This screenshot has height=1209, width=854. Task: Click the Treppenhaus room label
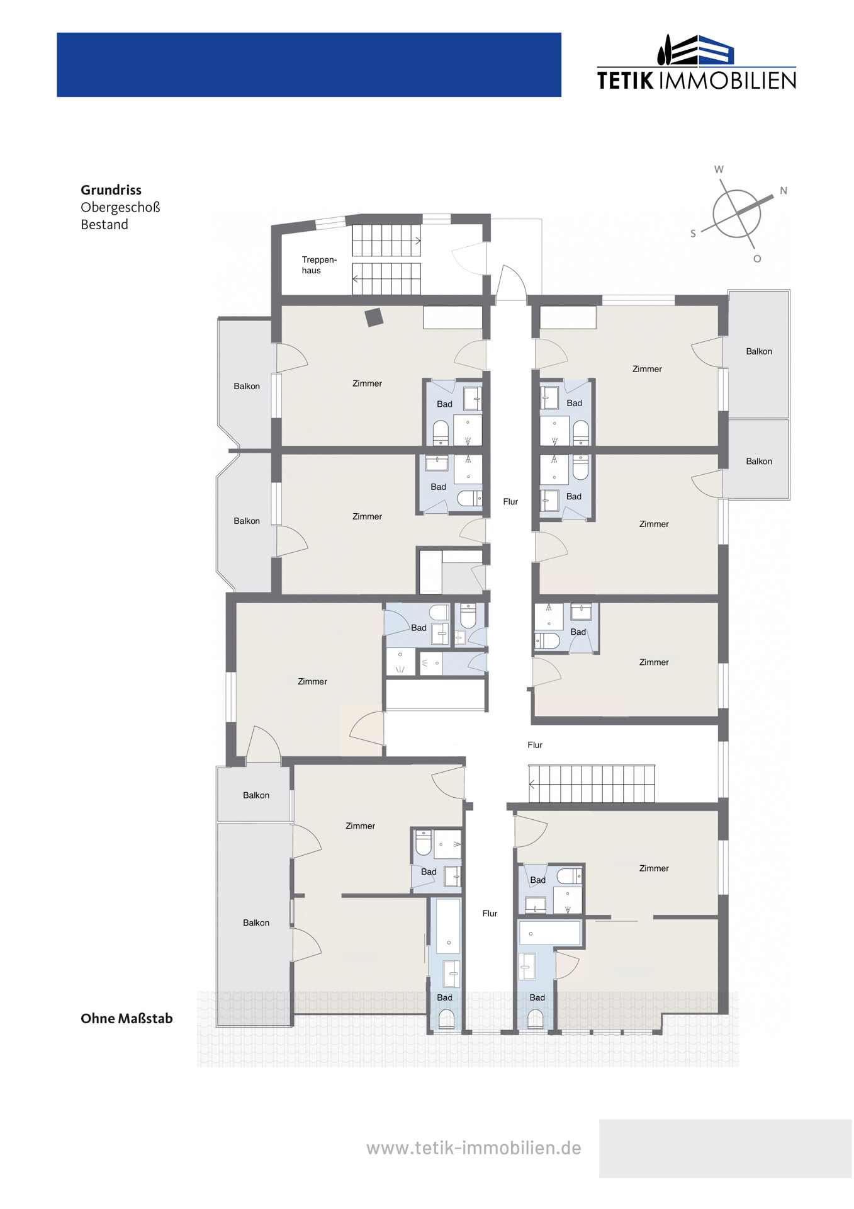[319, 265]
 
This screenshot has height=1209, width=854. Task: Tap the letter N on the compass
[784, 191]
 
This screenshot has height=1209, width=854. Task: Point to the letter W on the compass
[719, 169]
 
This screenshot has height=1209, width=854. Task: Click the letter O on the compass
[757, 259]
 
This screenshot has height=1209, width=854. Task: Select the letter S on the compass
[693, 234]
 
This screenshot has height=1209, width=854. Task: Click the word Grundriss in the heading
[111, 190]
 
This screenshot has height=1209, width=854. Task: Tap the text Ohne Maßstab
[126, 1018]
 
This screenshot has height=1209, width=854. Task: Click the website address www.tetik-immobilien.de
[473, 1148]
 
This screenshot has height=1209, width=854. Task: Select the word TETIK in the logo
[625, 81]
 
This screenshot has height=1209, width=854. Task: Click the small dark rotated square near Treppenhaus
[374, 317]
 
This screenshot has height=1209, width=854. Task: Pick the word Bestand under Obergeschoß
[104, 225]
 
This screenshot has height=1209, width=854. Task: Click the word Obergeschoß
[120, 207]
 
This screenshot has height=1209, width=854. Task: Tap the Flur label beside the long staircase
[535, 745]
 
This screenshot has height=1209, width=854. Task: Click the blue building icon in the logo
[716, 50]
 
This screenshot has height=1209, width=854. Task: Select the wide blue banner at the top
[309, 65]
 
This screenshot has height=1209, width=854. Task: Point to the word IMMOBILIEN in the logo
[727, 81]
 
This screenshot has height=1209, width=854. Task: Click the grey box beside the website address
[725, 1149]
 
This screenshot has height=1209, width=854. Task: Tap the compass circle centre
[736, 213]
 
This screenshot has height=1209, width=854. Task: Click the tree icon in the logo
[663, 50]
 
